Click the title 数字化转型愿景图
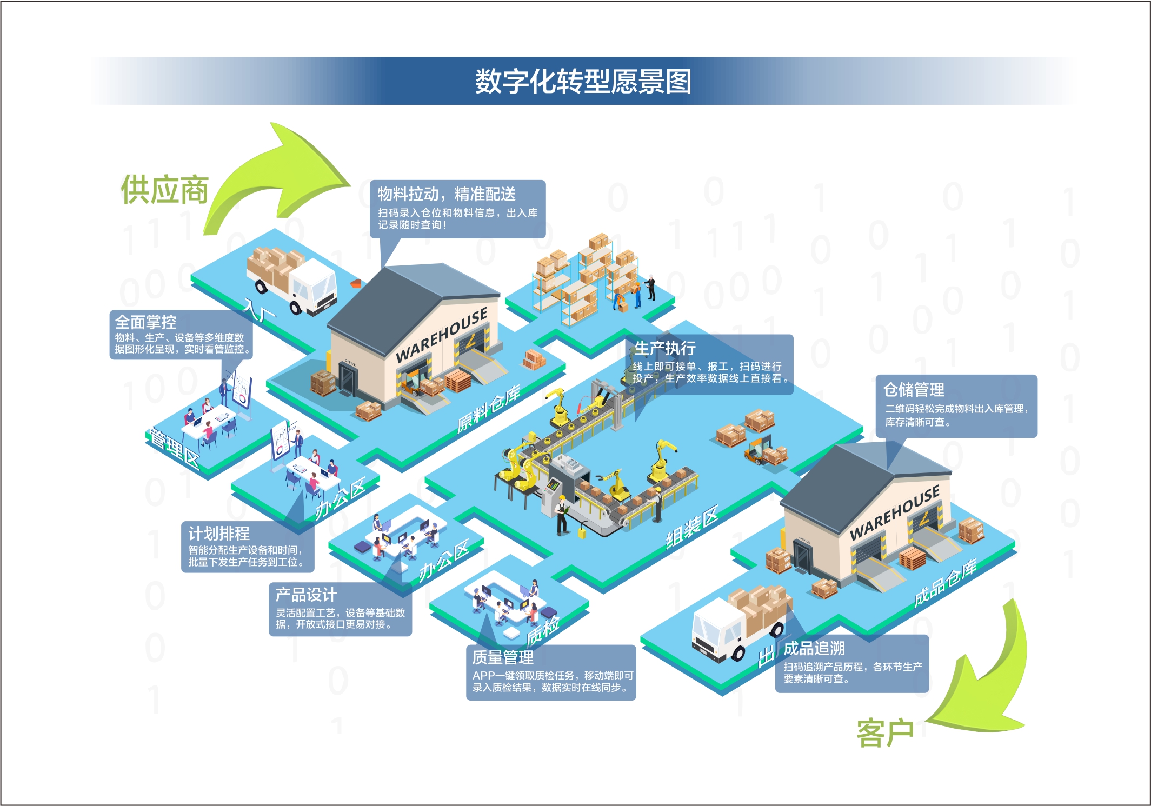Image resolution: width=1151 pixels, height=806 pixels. pyautogui.click(x=583, y=82)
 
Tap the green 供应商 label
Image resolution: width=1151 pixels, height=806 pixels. pyautogui.click(x=164, y=190)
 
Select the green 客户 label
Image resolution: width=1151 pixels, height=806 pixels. pyautogui.click(x=885, y=734)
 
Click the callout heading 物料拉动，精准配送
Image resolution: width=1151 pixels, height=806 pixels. pyautogui.click(x=447, y=194)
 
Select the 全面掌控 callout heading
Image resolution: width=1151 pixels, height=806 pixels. pyautogui.click(x=145, y=322)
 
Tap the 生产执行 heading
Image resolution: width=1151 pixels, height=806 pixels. pyautogui.click(x=665, y=348)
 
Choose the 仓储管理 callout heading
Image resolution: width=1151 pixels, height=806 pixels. pyautogui.click(x=914, y=389)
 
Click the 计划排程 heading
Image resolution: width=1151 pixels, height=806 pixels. pyautogui.click(x=219, y=534)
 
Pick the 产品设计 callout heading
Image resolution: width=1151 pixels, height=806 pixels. pyautogui.click(x=306, y=595)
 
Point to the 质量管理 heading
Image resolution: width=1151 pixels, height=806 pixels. pyautogui.click(x=503, y=657)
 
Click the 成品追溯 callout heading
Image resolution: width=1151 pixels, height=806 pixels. pyautogui.click(x=814, y=648)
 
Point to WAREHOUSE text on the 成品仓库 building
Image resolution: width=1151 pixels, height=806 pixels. pyautogui.click(x=895, y=512)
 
